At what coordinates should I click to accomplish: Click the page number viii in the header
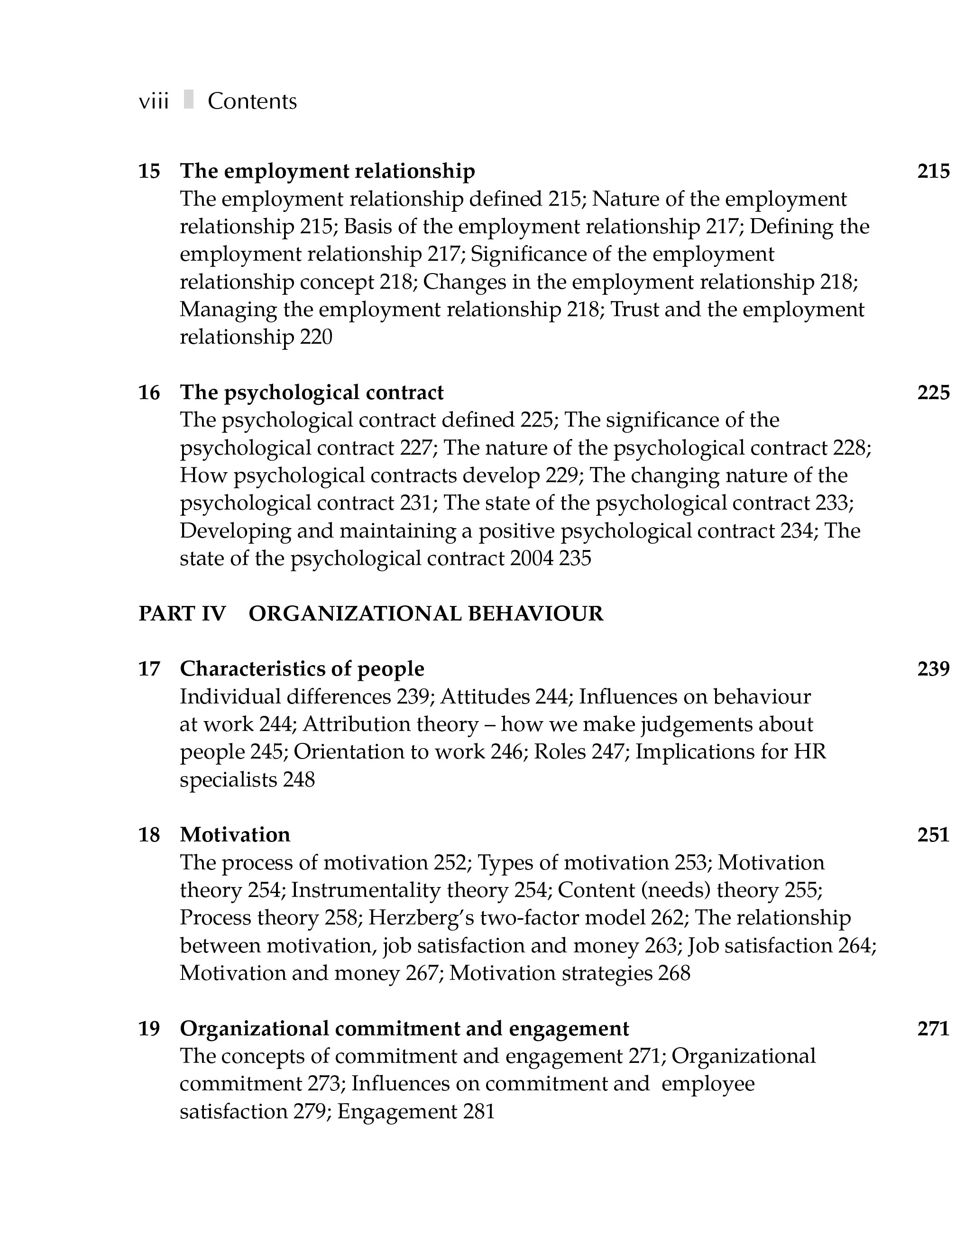tap(154, 101)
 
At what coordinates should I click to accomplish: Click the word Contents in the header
tap(252, 101)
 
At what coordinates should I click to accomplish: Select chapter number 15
tap(149, 171)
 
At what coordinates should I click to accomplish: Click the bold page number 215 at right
tap(933, 171)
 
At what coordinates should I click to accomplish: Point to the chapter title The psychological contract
tap(312, 393)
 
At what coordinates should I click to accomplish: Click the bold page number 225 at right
tap(933, 393)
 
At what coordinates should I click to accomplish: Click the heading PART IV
tap(182, 614)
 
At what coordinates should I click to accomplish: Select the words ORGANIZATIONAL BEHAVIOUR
tap(426, 614)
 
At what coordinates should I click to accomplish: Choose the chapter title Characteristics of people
tap(302, 669)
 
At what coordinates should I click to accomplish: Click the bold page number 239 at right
tap(933, 669)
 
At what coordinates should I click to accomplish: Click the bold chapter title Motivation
tap(235, 835)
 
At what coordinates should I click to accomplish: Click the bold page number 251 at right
tap(933, 835)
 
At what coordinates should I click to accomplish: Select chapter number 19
tap(149, 1029)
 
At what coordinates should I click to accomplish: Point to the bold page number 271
tap(933, 1029)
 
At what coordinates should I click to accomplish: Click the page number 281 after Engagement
tap(478, 1111)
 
